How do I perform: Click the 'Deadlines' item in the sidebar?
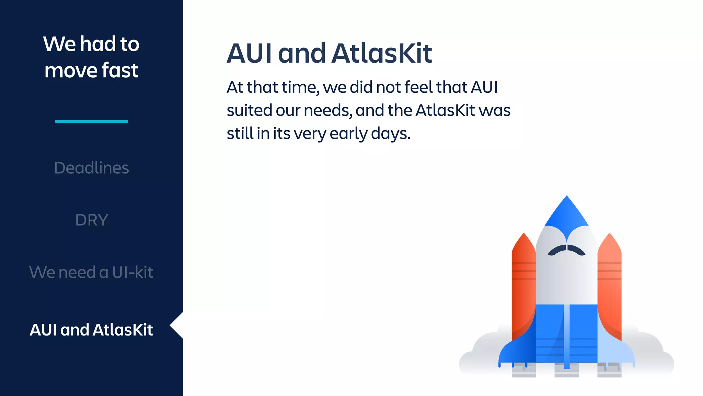91,168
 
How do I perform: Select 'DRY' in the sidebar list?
91,220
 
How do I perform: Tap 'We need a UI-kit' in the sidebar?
91,272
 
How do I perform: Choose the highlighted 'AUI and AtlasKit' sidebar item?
91,330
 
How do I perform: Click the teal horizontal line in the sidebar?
91,121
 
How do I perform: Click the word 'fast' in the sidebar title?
120,70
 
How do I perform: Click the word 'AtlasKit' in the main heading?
381,54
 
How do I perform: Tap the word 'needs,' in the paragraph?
328,110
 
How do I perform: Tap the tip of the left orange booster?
523,239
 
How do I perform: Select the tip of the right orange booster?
609,239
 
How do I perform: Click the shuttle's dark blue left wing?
517,351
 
